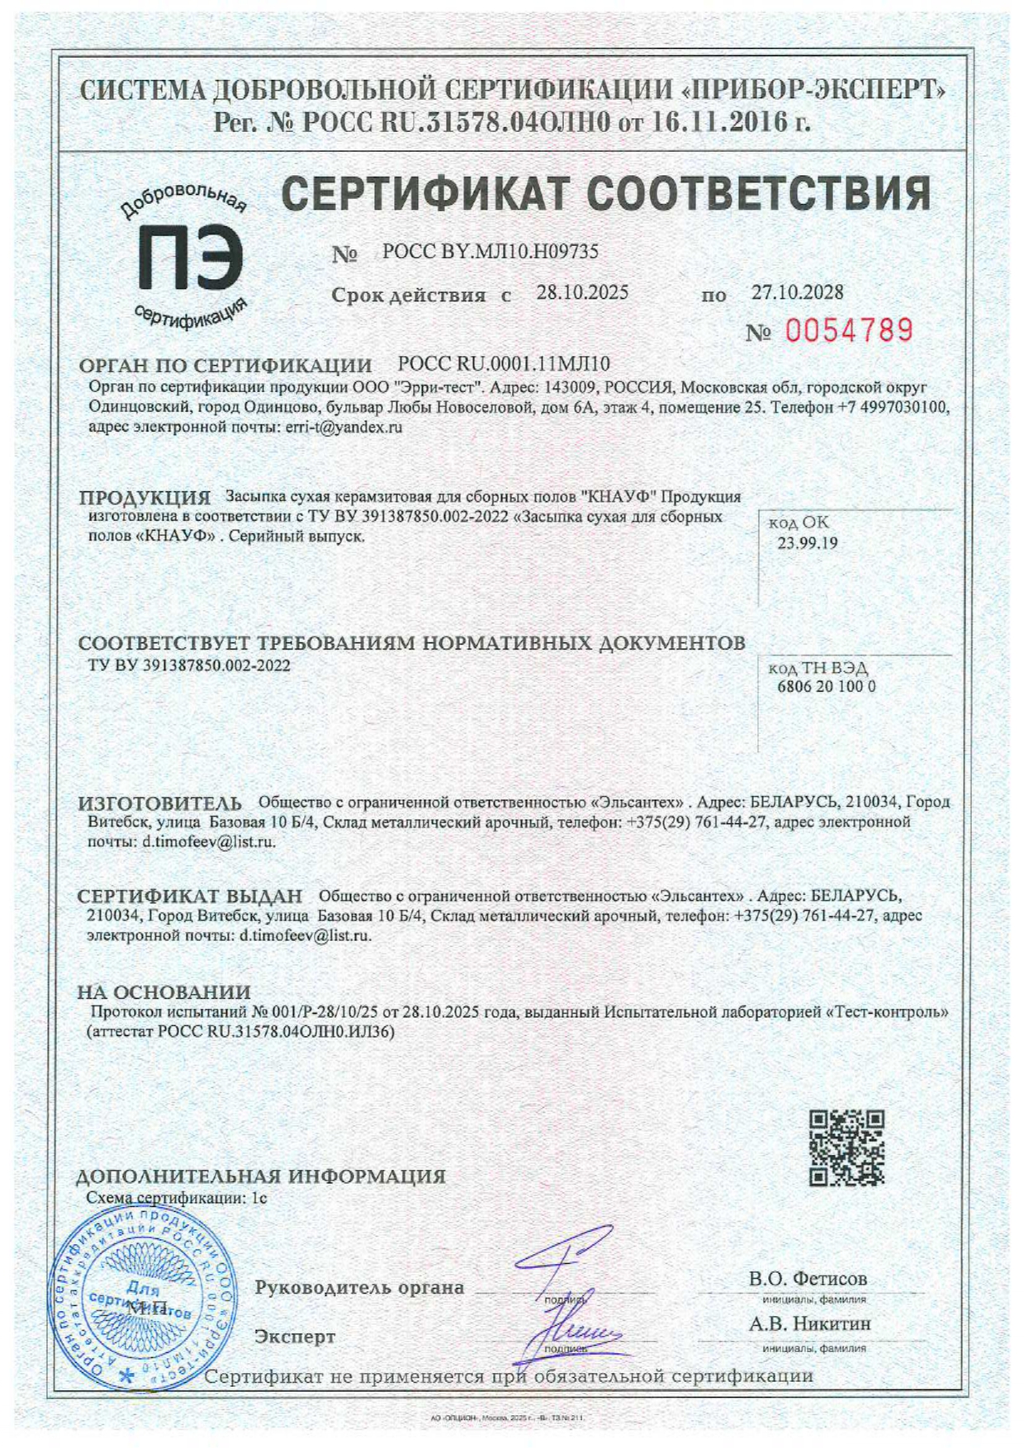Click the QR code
pos(846,1148)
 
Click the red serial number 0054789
pos(849,331)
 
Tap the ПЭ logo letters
pos(190,258)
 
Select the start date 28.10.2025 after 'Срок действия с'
pos(582,293)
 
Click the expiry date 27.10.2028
pos(797,292)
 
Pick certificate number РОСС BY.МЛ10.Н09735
pos(491,253)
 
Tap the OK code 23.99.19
pos(807,543)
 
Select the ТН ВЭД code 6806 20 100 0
pos(826,687)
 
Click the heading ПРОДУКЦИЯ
pos(145,498)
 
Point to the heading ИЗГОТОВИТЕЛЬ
pos(160,803)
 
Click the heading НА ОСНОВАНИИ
pos(164,991)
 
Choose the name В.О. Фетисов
pos(808,1279)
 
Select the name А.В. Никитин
pos(809,1323)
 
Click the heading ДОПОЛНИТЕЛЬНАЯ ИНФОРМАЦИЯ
pos(260,1176)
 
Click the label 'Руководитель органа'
pos(359,1288)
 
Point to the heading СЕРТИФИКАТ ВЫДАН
pos(190,897)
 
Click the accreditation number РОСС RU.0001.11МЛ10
pos(504,364)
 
